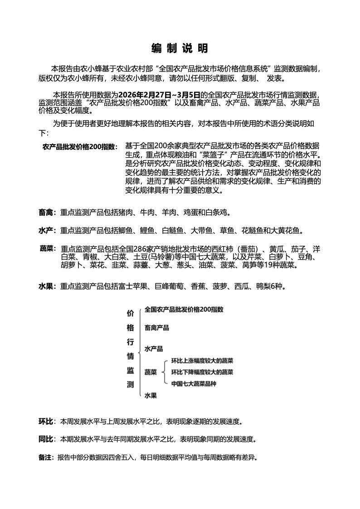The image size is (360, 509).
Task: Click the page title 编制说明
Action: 180,48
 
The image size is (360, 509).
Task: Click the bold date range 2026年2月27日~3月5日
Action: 159,95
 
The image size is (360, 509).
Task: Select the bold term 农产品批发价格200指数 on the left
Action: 80,147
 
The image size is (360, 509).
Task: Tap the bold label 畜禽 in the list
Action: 47,212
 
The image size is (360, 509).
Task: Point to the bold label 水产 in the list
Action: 47,231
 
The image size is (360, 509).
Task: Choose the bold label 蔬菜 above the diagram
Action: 47,249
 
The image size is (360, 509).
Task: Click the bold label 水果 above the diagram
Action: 47,286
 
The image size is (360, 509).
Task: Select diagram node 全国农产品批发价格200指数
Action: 184,310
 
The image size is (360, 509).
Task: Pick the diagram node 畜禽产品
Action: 157,327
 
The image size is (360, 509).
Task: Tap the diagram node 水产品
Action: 154,349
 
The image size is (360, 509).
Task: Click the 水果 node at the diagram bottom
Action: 151,396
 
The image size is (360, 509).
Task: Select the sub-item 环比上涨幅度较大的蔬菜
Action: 202,361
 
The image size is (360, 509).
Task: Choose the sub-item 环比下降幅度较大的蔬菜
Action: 202,372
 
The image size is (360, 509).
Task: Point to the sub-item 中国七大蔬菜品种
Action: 194,384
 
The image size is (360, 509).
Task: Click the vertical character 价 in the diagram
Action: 130,313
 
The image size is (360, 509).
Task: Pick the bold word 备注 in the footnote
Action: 46,457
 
